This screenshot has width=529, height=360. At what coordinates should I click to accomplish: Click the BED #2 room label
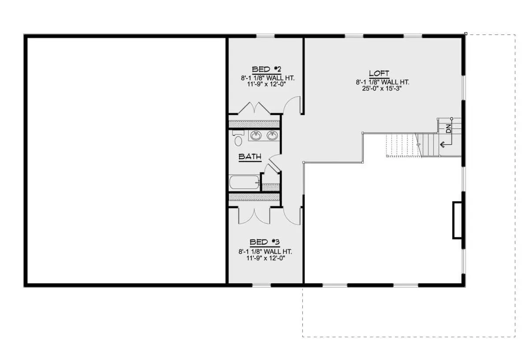tap(267, 70)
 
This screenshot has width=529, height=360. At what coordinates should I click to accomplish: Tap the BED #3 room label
tap(264, 242)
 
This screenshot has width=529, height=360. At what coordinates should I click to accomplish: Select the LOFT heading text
tap(379, 73)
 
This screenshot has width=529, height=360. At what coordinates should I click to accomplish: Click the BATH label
tap(250, 157)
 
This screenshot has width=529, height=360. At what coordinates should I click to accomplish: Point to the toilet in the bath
tap(238, 138)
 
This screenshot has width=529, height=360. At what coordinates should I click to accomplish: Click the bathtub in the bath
tap(244, 182)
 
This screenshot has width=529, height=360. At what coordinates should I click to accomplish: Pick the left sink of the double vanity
tap(256, 136)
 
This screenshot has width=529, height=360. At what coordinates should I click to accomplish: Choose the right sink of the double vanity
tap(272, 136)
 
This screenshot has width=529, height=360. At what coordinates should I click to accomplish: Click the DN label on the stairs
tap(448, 128)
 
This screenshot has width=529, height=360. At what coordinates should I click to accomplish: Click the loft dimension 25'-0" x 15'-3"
tap(382, 88)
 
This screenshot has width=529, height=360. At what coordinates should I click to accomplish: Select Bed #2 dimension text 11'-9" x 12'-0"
tap(267, 84)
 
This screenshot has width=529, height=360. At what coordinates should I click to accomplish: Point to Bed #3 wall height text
tap(265, 251)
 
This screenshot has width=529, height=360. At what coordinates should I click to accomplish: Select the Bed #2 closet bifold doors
tap(254, 108)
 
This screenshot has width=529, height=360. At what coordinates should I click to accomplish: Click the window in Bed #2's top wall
tap(265, 36)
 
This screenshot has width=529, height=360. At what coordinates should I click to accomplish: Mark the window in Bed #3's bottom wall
tap(261, 285)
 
